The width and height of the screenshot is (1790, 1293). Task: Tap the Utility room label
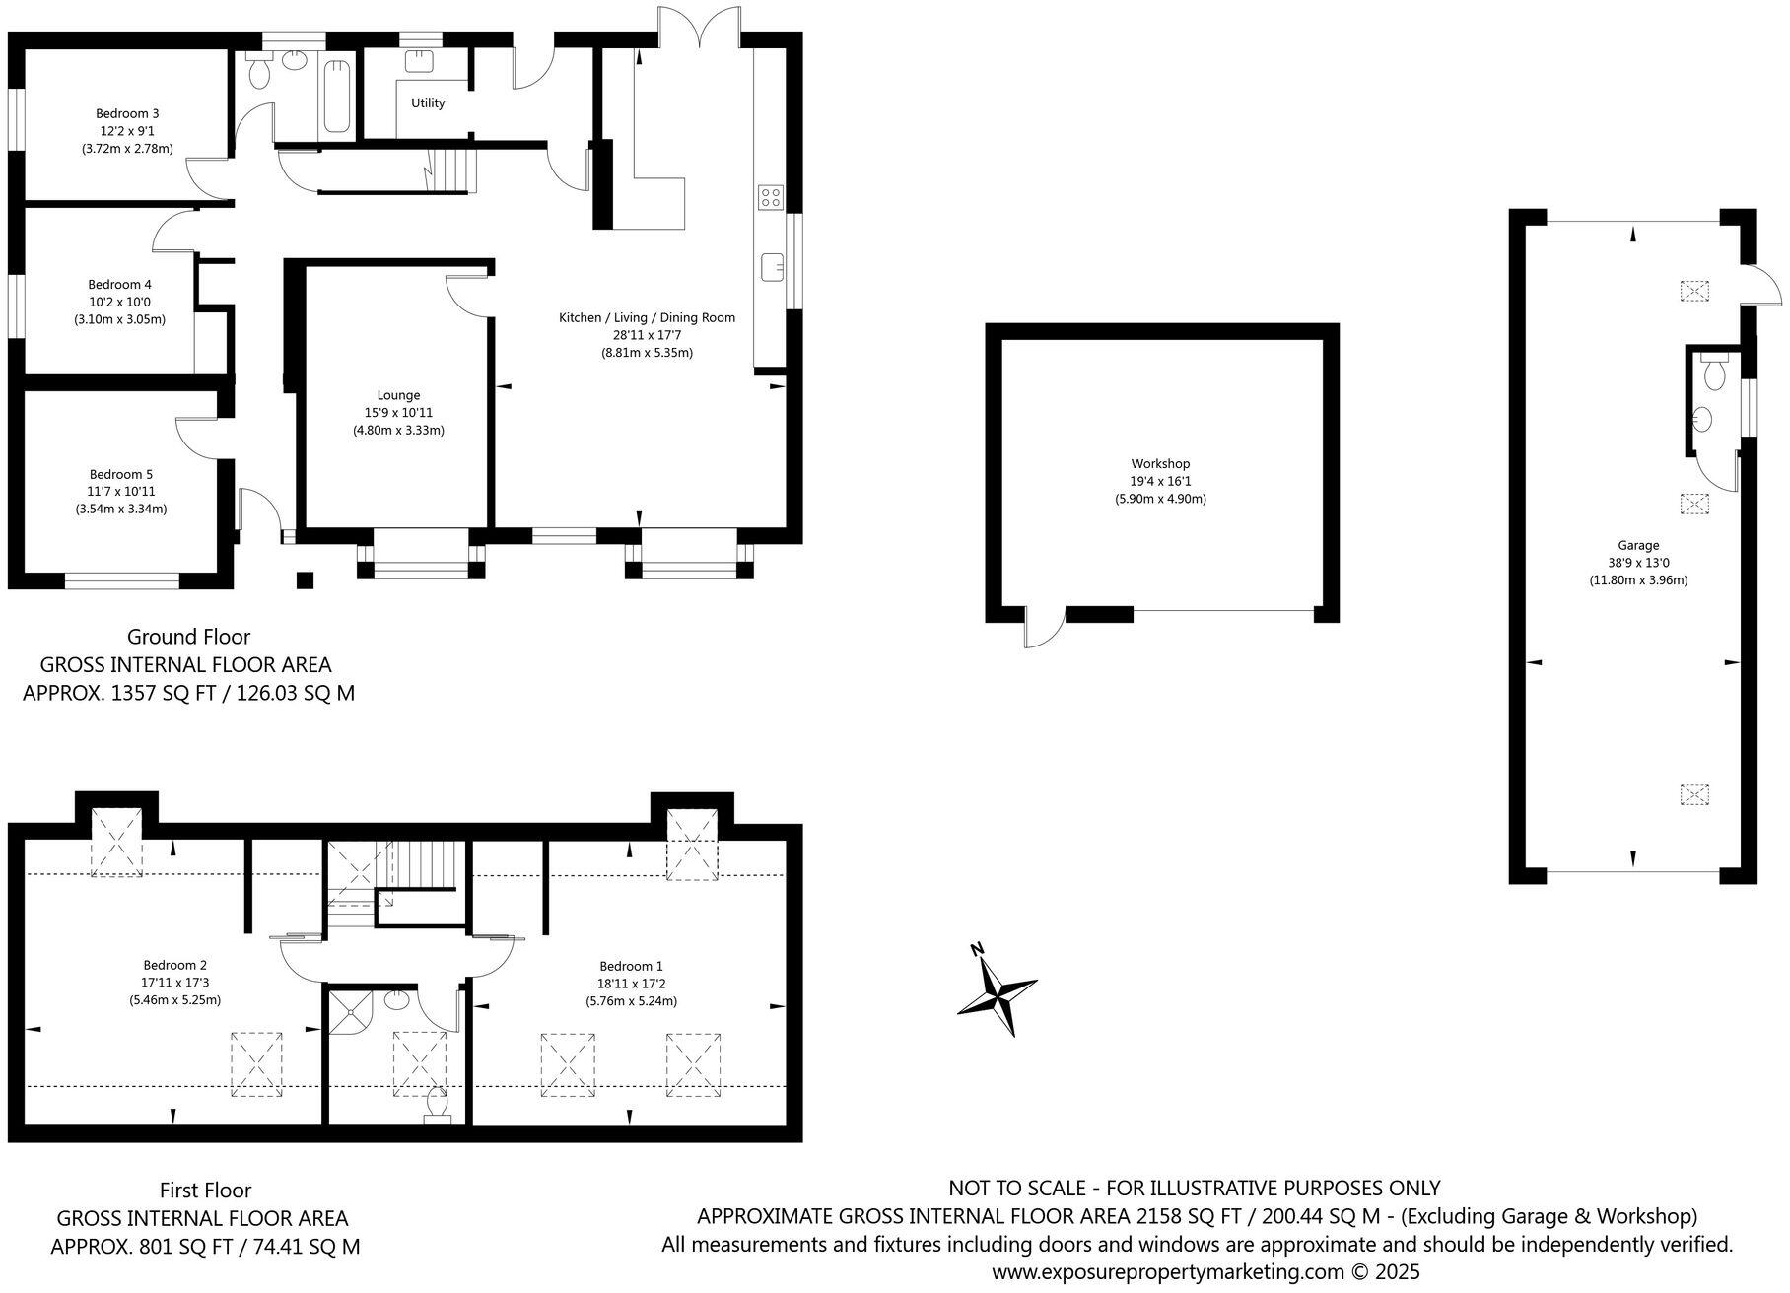click(428, 102)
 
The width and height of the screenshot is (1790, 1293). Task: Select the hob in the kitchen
click(770, 197)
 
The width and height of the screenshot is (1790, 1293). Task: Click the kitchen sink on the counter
click(772, 266)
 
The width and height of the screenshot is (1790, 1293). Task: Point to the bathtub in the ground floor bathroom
click(337, 96)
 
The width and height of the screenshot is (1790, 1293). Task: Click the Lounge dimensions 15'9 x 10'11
click(398, 413)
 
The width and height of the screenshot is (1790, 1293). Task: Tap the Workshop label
click(1160, 463)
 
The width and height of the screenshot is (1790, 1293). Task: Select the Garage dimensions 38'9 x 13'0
click(1637, 563)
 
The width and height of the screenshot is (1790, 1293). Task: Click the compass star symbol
click(999, 991)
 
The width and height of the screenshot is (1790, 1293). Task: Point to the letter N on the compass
click(977, 950)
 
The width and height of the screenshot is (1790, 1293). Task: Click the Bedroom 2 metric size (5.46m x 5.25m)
click(174, 999)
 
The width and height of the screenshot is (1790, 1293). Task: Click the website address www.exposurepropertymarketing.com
click(1167, 1271)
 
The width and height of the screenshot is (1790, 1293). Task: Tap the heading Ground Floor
click(188, 637)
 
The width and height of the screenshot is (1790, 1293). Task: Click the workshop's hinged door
click(1043, 629)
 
